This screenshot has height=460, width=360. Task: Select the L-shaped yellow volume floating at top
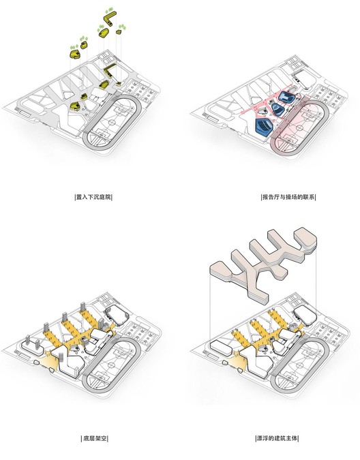108,15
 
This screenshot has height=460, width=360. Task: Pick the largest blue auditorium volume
262,126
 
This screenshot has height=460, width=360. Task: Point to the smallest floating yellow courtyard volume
119,31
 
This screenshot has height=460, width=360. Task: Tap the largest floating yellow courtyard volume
74,51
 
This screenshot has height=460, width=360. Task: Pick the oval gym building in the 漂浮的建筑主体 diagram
304,314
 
